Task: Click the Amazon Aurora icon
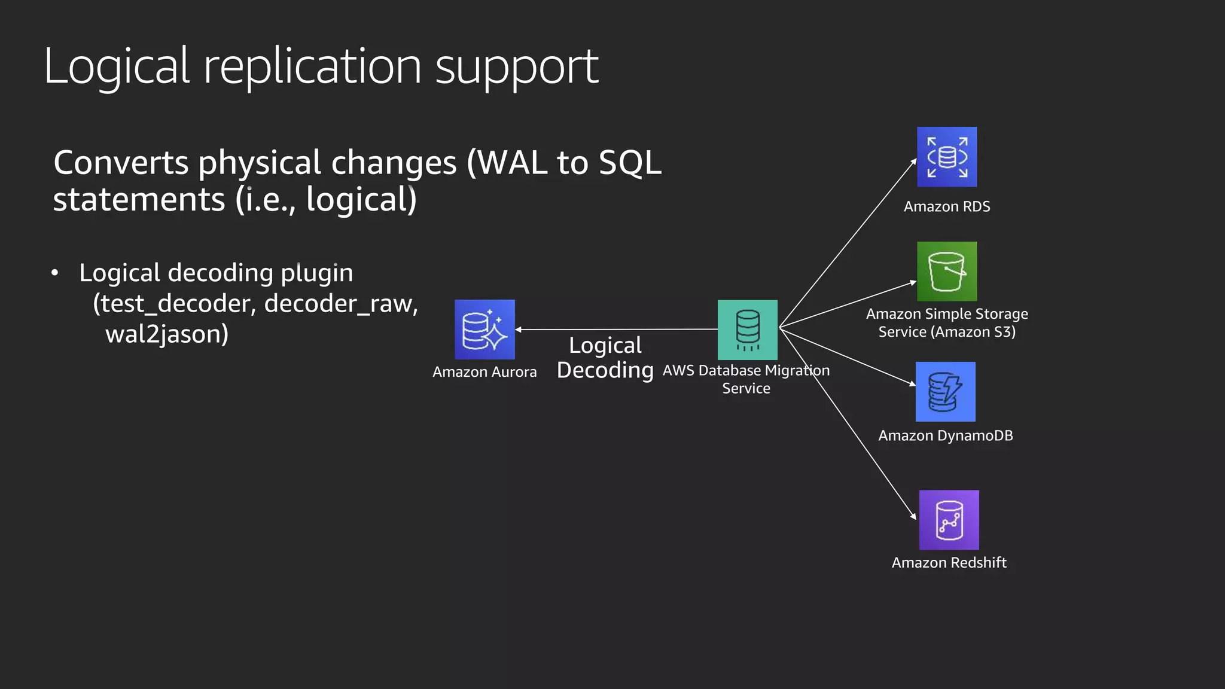(x=484, y=330)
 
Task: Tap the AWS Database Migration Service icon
(x=747, y=330)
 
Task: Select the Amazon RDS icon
(x=947, y=157)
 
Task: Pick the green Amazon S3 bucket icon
(x=947, y=272)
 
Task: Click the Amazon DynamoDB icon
(x=945, y=392)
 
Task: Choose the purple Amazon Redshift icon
(x=949, y=520)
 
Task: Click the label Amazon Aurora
(x=484, y=372)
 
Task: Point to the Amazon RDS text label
(x=947, y=206)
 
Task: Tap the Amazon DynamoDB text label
(x=945, y=435)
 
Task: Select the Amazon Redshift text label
(x=949, y=563)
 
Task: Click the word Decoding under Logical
(x=605, y=370)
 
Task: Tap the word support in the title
(x=516, y=67)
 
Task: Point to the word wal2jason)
(x=167, y=334)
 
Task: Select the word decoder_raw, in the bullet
(x=341, y=304)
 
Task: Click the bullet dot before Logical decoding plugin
(x=55, y=273)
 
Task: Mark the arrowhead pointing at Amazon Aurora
(x=519, y=330)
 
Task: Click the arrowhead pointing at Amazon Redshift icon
(x=913, y=516)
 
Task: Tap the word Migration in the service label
(x=797, y=371)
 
